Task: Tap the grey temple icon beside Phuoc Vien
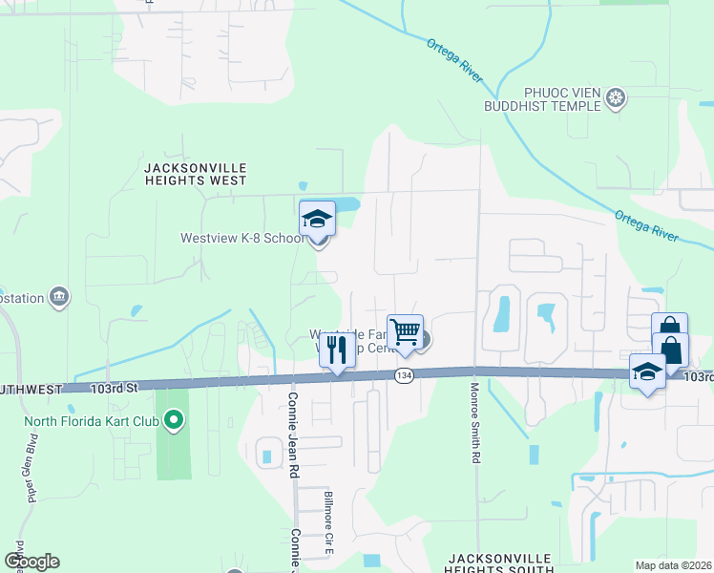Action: tap(617, 97)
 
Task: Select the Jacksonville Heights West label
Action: tap(195, 173)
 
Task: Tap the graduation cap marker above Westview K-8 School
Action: tap(317, 221)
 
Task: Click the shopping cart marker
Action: tap(405, 332)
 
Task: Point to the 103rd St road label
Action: tap(115, 388)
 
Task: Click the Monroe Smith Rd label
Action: tap(473, 423)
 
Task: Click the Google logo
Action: tap(31, 562)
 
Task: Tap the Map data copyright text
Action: tap(673, 565)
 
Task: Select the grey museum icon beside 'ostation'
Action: tap(59, 297)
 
